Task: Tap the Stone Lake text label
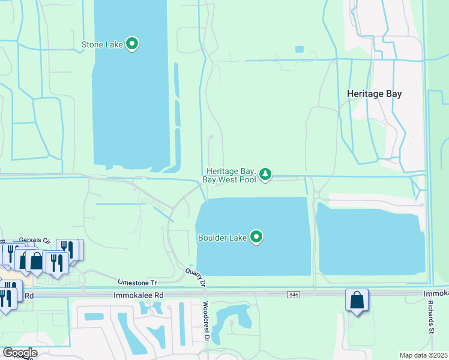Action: pyautogui.click(x=103, y=44)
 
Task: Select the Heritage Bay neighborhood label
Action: pyautogui.click(x=375, y=94)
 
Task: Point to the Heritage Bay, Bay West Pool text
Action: pyautogui.click(x=232, y=175)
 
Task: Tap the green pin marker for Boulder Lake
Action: pyautogui.click(x=257, y=237)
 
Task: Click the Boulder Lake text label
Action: pyautogui.click(x=223, y=238)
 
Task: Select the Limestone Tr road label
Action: pyautogui.click(x=137, y=282)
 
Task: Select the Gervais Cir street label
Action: pyautogui.click(x=33, y=239)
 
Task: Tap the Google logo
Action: pyautogui.click(x=19, y=353)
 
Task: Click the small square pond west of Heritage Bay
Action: pyautogui.click(x=300, y=49)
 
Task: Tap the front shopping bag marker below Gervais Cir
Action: pyautogui.click(x=36, y=260)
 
